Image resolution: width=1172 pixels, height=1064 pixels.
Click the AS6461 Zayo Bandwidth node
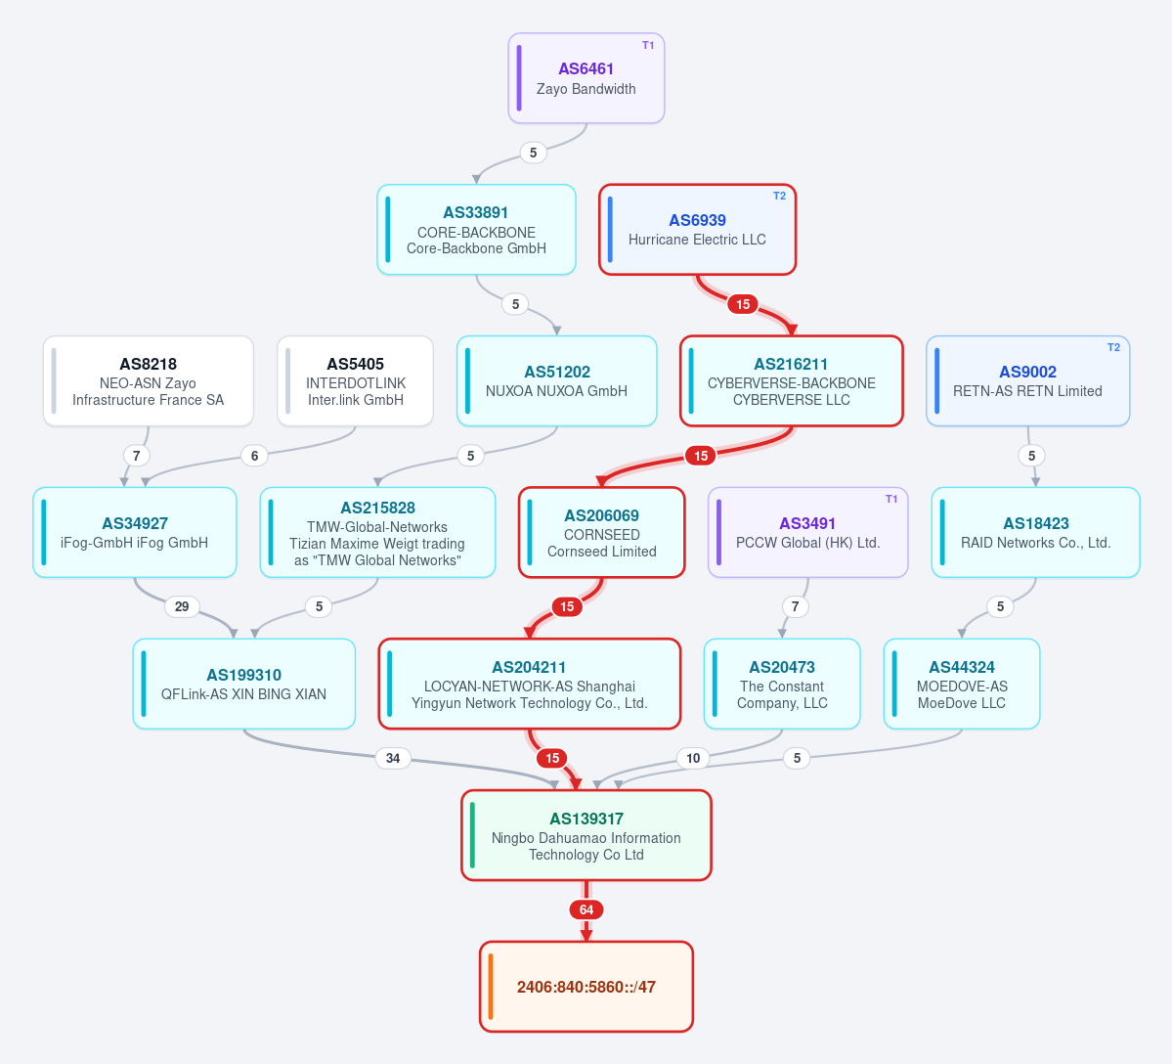point(586,78)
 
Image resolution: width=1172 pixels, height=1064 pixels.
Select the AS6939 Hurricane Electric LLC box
point(697,230)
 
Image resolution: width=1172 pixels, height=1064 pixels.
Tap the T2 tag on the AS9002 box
point(1113,347)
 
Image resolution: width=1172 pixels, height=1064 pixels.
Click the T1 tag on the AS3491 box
point(890,499)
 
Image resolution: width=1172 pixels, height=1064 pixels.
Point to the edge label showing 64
point(586,909)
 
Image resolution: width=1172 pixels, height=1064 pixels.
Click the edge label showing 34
point(392,758)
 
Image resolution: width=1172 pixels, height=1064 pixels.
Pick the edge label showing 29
point(182,606)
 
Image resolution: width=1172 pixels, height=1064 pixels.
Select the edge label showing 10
point(693,758)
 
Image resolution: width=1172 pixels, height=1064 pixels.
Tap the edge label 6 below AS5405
point(254,456)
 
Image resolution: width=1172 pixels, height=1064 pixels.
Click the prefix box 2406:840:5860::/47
point(586,986)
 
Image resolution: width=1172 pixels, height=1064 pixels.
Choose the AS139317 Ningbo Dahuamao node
point(586,835)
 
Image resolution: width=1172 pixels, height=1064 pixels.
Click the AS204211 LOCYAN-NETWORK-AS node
point(529,684)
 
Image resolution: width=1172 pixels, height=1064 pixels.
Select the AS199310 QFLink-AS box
point(243,684)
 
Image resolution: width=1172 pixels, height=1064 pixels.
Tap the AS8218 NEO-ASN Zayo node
point(148,381)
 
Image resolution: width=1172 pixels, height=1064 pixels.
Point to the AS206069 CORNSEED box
point(602,532)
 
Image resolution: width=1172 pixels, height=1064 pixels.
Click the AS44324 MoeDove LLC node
point(961,684)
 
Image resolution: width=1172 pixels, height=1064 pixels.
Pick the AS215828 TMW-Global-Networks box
point(377,532)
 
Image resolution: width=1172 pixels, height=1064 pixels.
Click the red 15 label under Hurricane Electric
point(742,304)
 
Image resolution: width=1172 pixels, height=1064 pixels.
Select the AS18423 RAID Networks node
point(1035,532)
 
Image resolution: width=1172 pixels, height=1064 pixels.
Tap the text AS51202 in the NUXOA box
point(557,372)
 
